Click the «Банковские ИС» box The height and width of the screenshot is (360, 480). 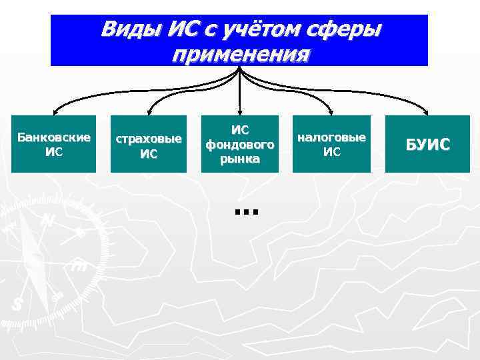click(54, 144)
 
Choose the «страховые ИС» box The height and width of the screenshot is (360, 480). click(148, 144)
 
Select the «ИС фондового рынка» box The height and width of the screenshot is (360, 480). click(240, 144)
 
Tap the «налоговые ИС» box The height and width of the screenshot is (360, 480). click(331, 144)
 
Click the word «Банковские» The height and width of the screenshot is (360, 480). click(54, 137)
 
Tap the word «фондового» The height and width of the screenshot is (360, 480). click(240, 144)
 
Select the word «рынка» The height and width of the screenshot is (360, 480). click(240, 159)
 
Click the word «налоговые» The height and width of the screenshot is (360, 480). click(331, 137)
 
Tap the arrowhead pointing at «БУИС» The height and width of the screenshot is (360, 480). click(426, 111)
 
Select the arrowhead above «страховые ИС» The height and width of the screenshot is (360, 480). click(149, 111)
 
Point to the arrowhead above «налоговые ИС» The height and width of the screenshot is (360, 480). click(332, 111)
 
